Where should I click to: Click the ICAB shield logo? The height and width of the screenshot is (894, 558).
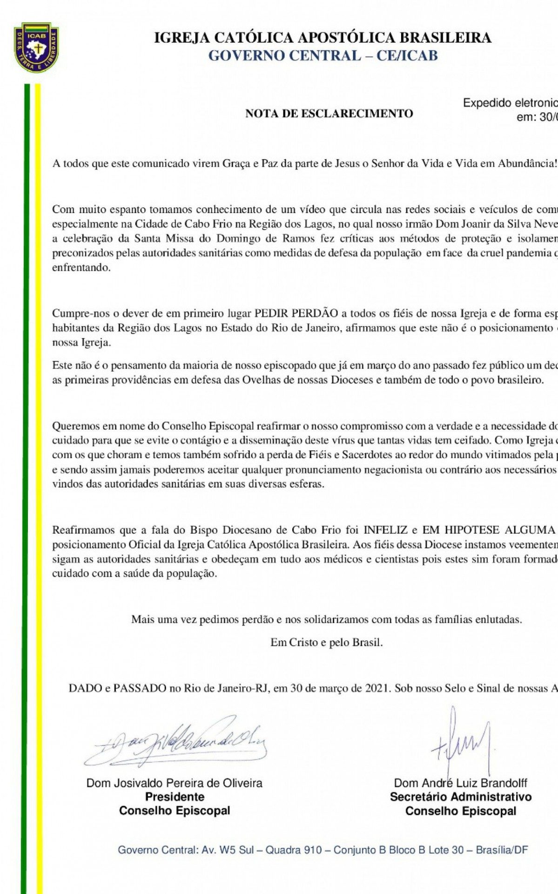(36, 47)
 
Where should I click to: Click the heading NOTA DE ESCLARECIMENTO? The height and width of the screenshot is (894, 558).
(329, 114)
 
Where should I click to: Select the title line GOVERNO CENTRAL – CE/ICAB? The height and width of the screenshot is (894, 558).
(323, 55)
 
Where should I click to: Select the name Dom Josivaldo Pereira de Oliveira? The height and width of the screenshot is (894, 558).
(175, 783)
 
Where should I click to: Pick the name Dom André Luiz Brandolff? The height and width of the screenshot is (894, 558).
(461, 783)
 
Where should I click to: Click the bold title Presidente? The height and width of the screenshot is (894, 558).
(175, 797)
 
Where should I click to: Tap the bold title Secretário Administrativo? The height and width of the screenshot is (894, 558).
(461, 797)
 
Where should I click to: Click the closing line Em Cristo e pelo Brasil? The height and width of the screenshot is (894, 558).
(327, 643)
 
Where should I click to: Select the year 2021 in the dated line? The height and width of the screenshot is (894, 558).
(375, 688)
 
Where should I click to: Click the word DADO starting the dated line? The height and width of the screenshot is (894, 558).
(84, 688)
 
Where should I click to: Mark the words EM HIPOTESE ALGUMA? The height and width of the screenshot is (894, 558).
(489, 530)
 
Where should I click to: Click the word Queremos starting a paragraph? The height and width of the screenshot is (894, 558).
(74, 426)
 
